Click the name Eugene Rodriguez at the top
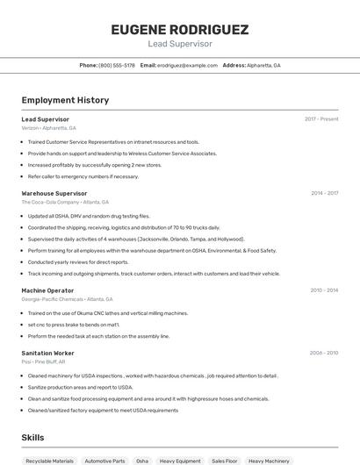pyautogui.click(x=179, y=30)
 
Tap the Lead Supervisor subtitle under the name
pyautogui.click(x=179, y=44)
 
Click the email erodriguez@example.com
pyautogui.click(x=187, y=65)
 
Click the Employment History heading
pyautogui.click(x=65, y=100)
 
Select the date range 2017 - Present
pyautogui.click(x=321, y=119)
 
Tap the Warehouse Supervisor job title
pyautogui.click(x=54, y=193)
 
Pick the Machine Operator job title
pyautogui.click(x=47, y=290)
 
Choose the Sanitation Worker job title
pyautogui.click(x=48, y=353)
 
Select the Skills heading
pyautogui.click(x=32, y=437)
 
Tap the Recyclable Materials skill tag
pyautogui.click(x=49, y=461)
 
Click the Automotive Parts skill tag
pyautogui.click(x=104, y=461)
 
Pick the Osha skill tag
pyautogui.click(x=142, y=461)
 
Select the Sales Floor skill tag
pyautogui.click(x=225, y=461)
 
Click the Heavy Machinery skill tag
pyautogui.click(x=269, y=461)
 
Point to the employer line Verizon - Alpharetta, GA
pyautogui.click(x=48, y=128)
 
